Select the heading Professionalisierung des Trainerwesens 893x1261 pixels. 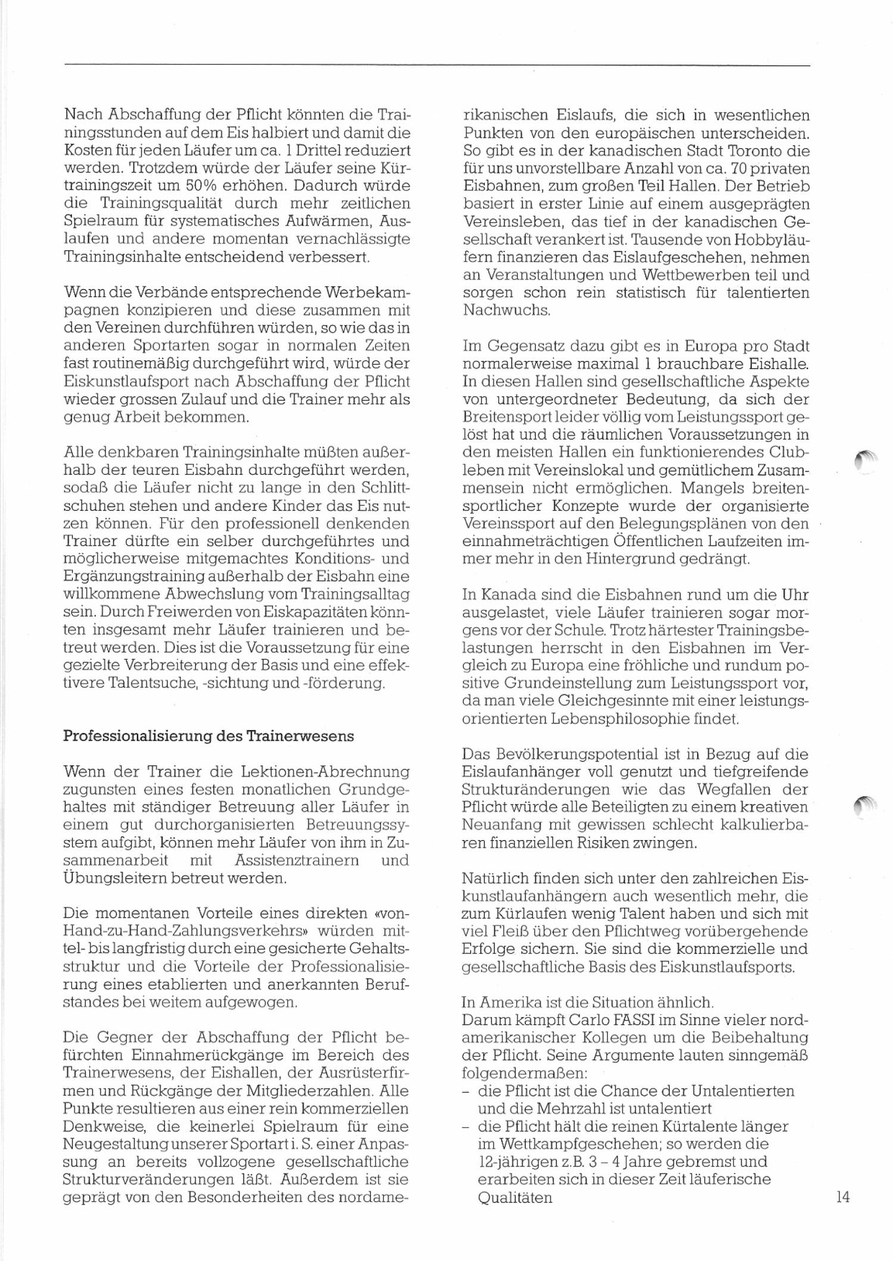[x=208, y=736]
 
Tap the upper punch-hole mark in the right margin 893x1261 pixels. [x=865, y=461]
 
